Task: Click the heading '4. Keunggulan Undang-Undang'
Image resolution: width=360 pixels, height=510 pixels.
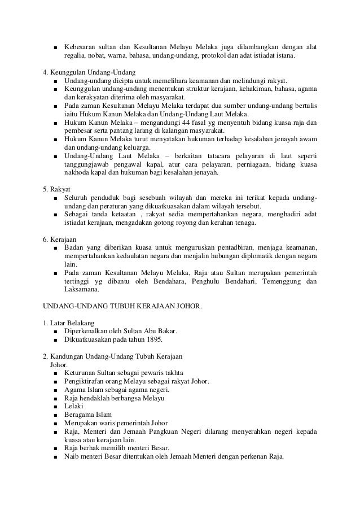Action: click(x=90, y=72)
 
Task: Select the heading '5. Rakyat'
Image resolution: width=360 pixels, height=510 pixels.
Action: click(x=60, y=189)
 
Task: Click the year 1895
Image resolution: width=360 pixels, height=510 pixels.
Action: click(x=153, y=339)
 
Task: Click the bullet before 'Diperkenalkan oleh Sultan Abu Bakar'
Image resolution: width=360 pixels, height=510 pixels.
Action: click(x=55, y=331)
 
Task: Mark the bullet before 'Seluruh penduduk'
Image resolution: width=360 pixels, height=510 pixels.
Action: click(x=55, y=198)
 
